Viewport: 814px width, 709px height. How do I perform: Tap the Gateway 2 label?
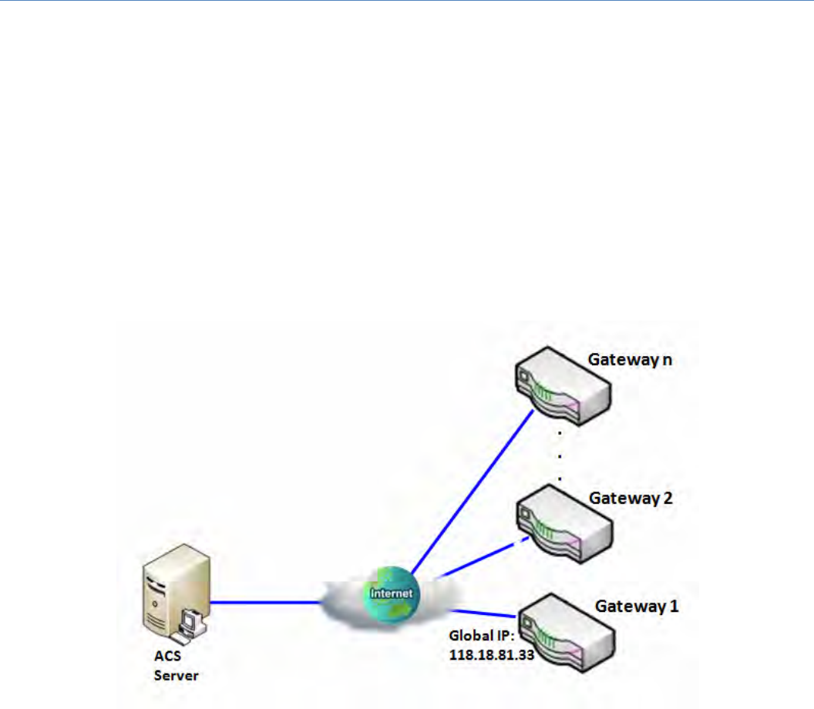point(631,498)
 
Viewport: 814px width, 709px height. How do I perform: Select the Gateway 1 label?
point(637,606)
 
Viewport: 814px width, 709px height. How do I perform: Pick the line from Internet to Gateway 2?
point(478,559)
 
